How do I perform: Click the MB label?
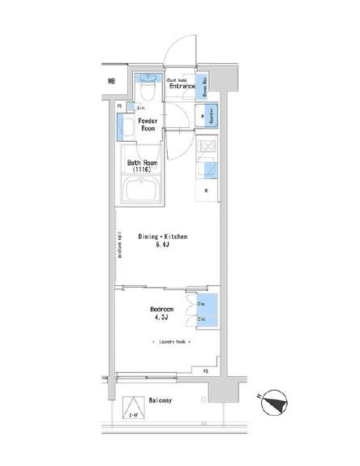coord(111,81)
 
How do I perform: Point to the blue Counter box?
coord(205,116)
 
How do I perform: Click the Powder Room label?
coord(148,124)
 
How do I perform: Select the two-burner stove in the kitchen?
coord(206,148)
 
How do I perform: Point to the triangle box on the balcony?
coord(131,408)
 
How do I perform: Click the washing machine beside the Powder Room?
coord(126,126)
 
